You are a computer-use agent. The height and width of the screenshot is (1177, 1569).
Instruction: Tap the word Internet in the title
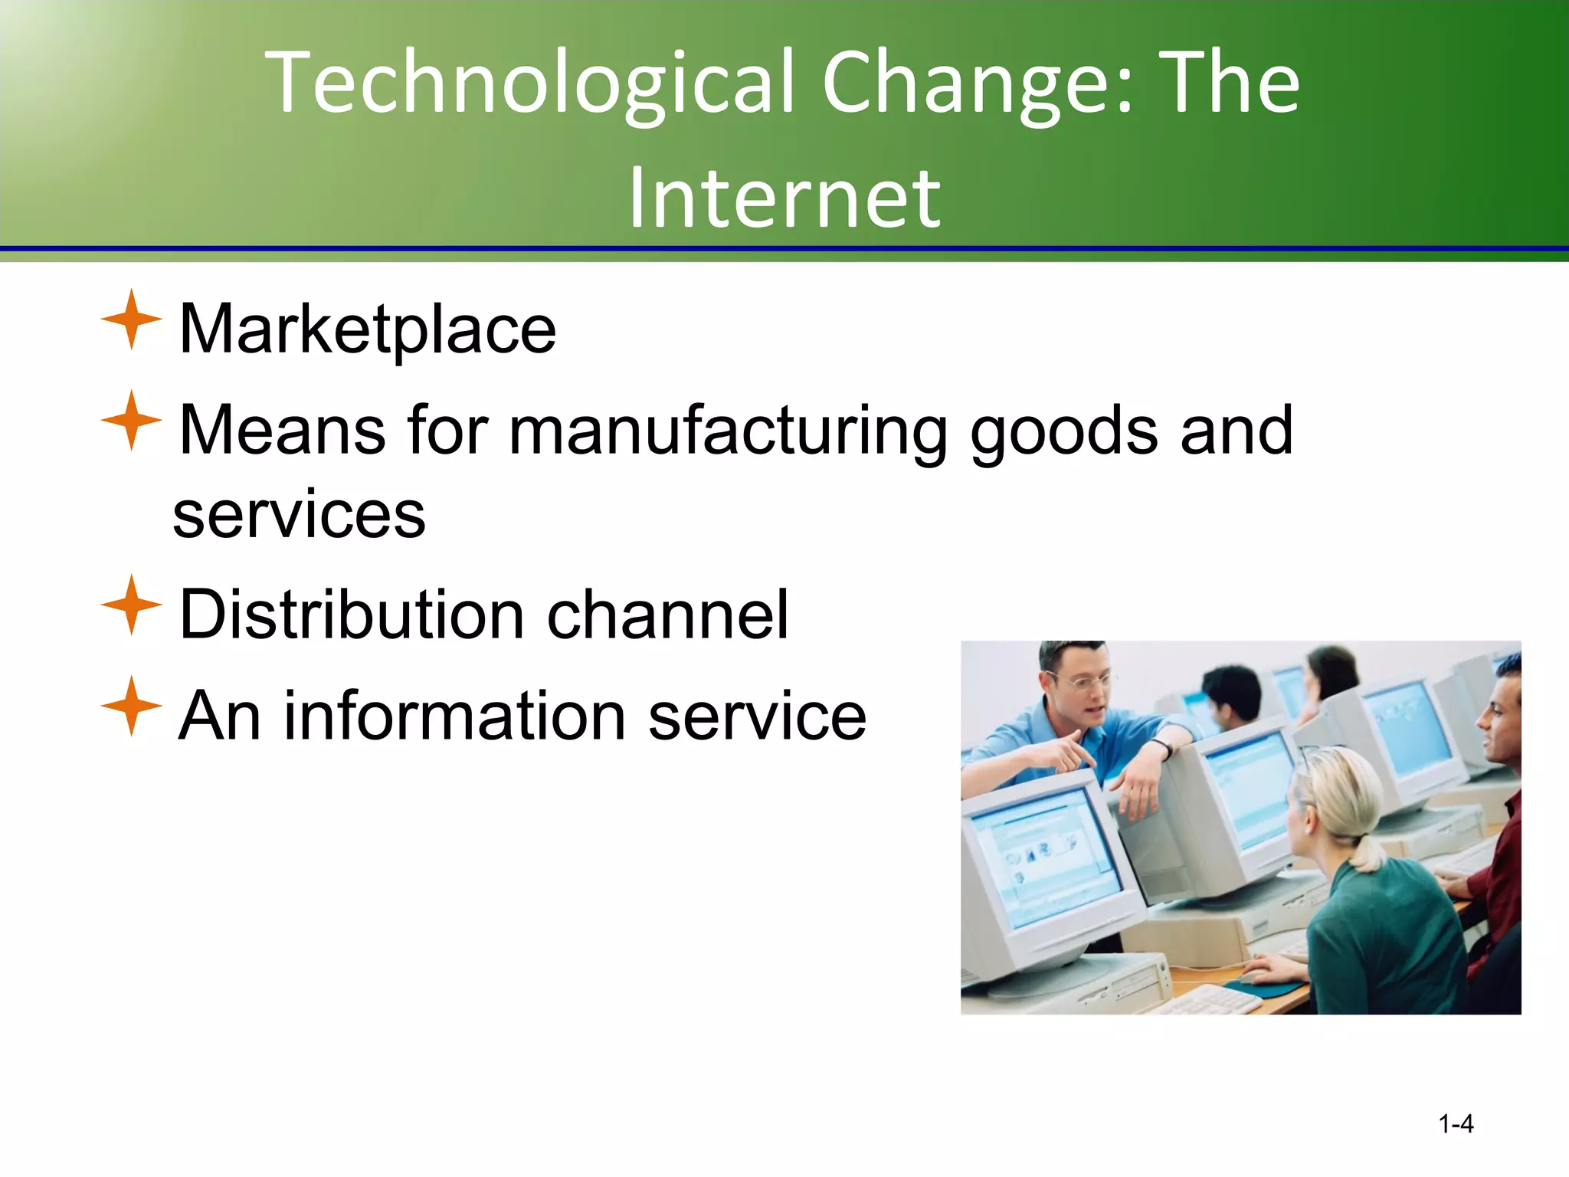[784, 199]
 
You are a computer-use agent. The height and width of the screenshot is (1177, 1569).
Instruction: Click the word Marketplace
[367, 329]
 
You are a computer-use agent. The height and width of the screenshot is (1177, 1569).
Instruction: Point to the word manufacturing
[728, 431]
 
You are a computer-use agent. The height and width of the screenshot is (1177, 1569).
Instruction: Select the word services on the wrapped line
[299, 514]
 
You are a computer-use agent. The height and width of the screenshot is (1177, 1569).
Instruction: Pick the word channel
[667, 615]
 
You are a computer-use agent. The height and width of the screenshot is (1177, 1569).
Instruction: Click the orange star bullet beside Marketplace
[131, 320]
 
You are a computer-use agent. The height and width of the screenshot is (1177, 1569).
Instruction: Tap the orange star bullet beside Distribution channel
[131, 605]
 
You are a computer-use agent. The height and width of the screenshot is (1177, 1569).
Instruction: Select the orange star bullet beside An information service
[131, 707]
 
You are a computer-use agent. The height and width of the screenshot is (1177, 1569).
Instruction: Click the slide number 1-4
[1456, 1124]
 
